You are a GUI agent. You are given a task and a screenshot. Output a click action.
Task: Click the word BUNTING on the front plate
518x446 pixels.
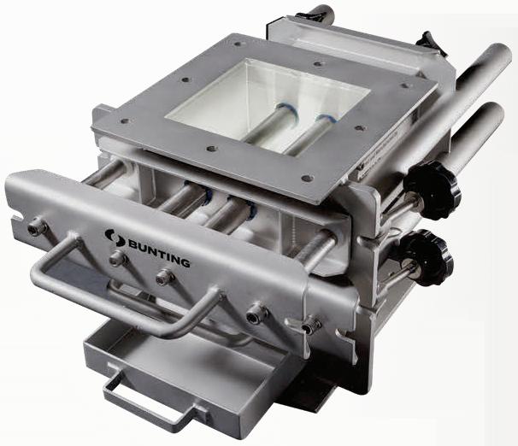click(159, 253)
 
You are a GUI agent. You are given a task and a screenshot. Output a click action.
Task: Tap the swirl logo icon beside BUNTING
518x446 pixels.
click(114, 238)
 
